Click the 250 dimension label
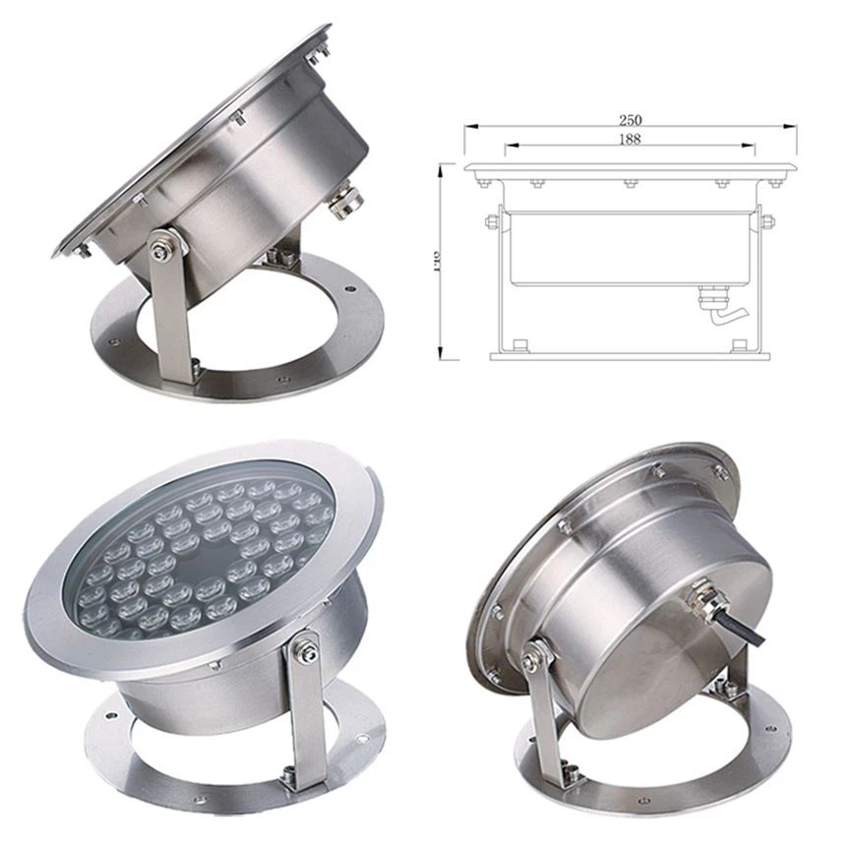(x=631, y=120)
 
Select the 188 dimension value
(x=631, y=140)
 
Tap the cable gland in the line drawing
(x=711, y=294)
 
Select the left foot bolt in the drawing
(x=519, y=344)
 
